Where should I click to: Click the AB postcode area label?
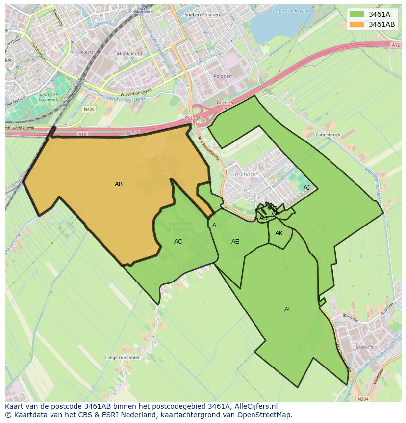click(x=119, y=184)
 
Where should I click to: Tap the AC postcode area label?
click(x=178, y=242)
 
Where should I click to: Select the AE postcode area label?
click(x=235, y=242)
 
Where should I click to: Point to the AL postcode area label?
click(x=288, y=310)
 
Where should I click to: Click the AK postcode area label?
click(x=279, y=233)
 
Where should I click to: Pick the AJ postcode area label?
click(x=306, y=188)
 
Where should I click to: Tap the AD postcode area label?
click(x=263, y=218)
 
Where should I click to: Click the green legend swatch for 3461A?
click(x=356, y=14)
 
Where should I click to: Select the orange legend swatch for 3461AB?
click(x=356, y=24)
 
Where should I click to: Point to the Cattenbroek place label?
click(x=328, y=134)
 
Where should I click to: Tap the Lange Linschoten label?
click(x=123, y=358)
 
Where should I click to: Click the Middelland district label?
click(x=129, y=54)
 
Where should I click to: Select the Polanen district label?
click(x=223, y=76)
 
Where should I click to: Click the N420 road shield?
click(x=89, y=109)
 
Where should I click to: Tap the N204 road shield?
click(x=363, y=399)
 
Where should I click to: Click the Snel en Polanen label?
click(x=202, y=15)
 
